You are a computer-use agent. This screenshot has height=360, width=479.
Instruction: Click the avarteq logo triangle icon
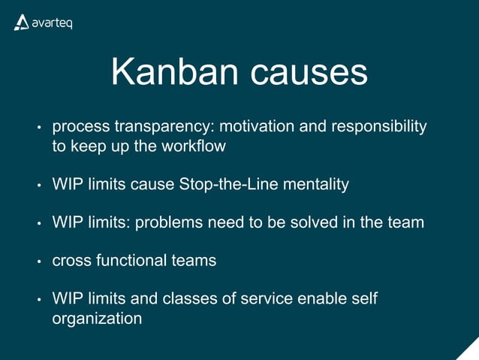21,23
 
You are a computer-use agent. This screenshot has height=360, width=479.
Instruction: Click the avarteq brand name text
53,24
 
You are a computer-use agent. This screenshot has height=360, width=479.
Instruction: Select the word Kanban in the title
175,72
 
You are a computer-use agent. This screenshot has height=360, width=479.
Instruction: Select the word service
266,299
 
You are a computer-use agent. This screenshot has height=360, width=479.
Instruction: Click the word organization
97,318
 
